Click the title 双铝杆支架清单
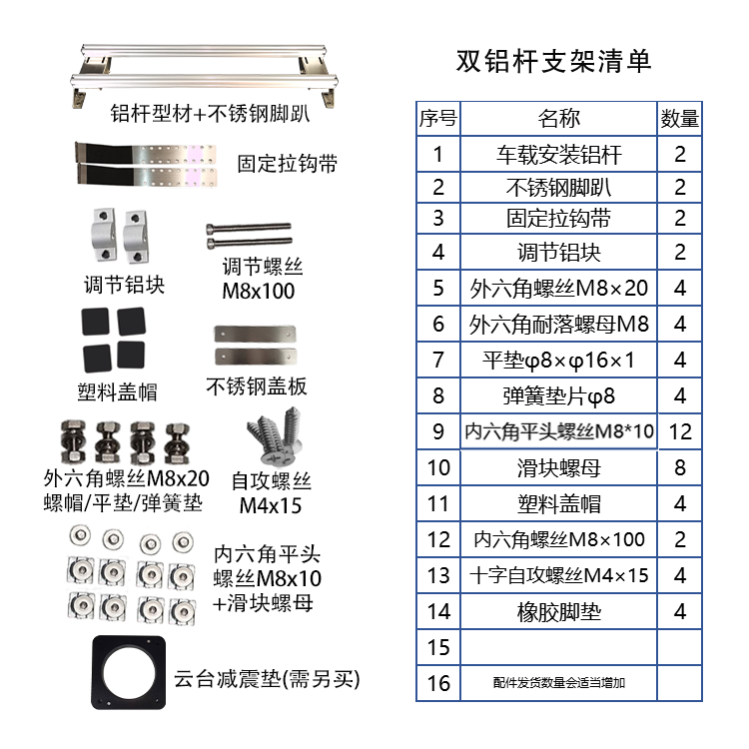pos(553,61)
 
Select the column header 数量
pos(679,119)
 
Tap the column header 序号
pos(438,119)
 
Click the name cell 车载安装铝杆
pos(558,154)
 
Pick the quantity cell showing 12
pos(680,431)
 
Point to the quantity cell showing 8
pos(680,467)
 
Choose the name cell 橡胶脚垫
pos(558,612)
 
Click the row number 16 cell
pos(438,683)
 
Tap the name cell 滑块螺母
pos(558,467)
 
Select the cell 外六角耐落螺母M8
pos(558,325)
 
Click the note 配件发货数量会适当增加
pos(558,683)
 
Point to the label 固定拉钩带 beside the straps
pos(287,164)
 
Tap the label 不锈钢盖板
pos(257,386)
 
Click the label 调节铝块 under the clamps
pos(124,286)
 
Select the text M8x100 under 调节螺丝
pos(259,291)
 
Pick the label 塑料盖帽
pos(117,392)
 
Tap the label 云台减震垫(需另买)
pos(267,679)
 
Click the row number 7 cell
pos(438,361)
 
